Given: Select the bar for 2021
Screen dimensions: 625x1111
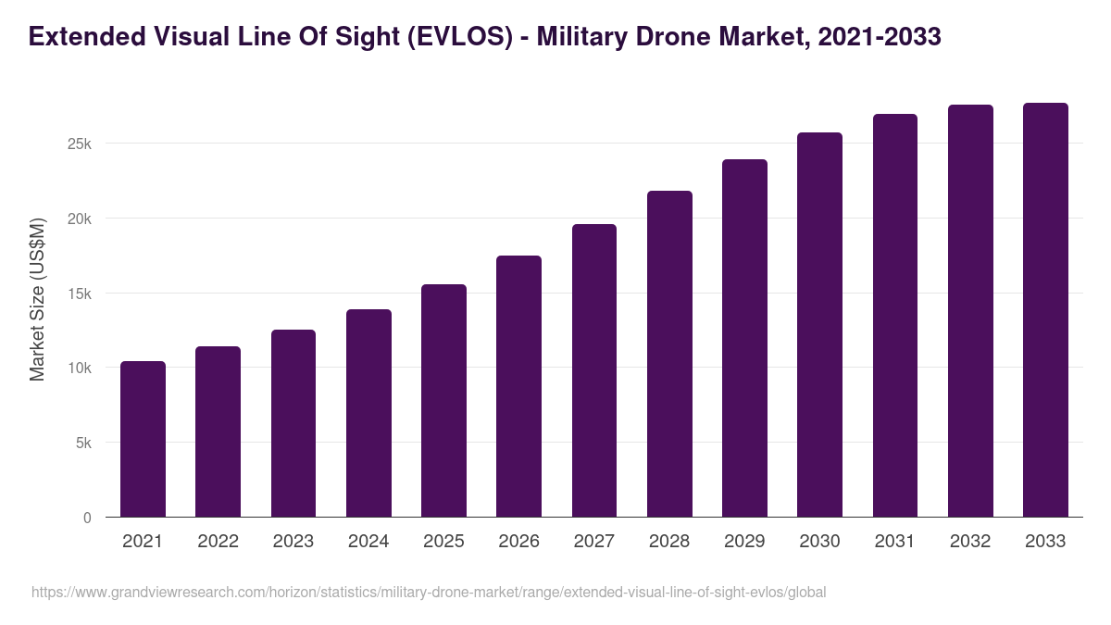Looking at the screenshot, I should click(x=143, y=439).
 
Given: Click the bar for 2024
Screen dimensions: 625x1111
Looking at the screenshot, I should click(x=368, y=413).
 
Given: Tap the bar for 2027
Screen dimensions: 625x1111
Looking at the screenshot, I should click(x=594, y=370).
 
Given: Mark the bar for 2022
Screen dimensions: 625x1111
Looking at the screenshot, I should click(x=218, y=431).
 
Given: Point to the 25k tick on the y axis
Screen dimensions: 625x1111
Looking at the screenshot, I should click(x=78, y=144).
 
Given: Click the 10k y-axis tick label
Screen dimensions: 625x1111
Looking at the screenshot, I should click(x=78, y=369).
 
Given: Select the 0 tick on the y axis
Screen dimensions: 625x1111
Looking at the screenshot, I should click(x=87, y=519).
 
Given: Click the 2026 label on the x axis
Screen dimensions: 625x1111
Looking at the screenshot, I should click(x=518, y=542).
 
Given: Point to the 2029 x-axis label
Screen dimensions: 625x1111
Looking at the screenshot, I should click(x=744, y=542).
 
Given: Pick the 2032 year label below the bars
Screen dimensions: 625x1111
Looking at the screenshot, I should click(x=970, y=542).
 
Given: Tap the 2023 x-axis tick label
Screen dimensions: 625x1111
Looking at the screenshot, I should click(x=293, y=542).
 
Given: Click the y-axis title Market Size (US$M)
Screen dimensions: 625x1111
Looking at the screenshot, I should click(x=37, y=299).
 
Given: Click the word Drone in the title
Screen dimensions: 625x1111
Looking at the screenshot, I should click(x=680, y=37).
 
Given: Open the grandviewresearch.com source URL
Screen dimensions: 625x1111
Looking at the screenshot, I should click(x=429, y=592).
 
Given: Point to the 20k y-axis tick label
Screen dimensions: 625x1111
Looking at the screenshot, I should click(x=78, y=219).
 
